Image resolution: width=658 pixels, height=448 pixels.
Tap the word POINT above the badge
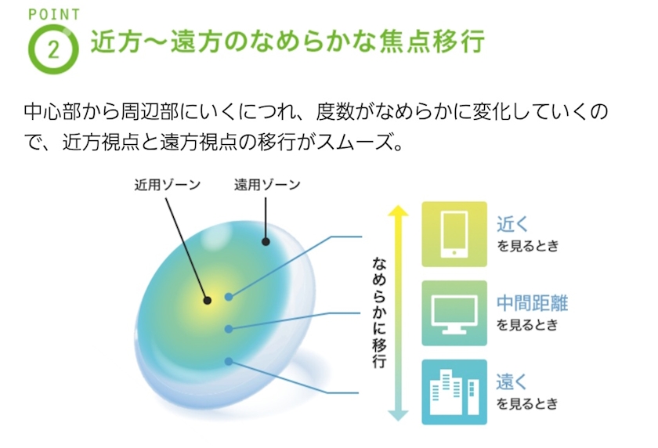pos(54,15)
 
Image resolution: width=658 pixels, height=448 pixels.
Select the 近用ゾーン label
pos(168,185)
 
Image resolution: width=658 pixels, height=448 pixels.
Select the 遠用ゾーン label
pos(267,185)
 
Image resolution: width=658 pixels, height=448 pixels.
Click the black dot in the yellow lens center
pos(207,300)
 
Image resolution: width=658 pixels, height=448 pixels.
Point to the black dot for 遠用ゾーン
pos(266,241)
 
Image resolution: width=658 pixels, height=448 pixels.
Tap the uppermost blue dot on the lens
pos(228,297)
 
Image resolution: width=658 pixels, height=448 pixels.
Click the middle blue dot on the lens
pos(228,329)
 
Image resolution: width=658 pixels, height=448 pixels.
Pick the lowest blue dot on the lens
pos(228,361)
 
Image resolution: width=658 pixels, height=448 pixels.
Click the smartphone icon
pos(454,234)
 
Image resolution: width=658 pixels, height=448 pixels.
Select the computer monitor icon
pos(454,314)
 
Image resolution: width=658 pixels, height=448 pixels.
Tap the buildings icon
pos(454,392)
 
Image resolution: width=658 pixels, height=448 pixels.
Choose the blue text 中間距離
pos(532,303)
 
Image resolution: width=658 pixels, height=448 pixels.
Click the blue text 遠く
pos(512,381)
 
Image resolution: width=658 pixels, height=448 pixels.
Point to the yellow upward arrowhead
pos(398,211)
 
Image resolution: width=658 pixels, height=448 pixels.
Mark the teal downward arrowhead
pos(398,415)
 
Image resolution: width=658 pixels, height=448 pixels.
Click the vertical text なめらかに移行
pos(379,313)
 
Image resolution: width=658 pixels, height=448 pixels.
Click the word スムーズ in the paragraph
pos(354,143)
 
